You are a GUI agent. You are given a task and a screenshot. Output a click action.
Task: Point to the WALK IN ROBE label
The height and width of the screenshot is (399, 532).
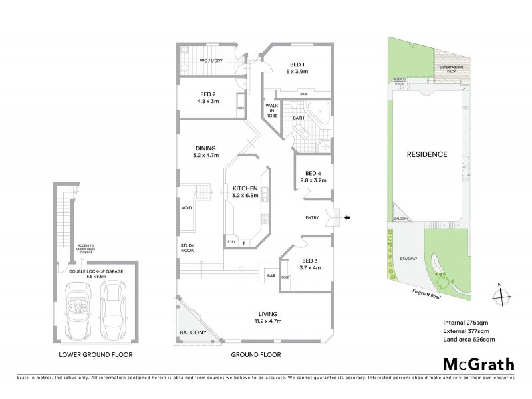pyautogui.click(x=271, y=110)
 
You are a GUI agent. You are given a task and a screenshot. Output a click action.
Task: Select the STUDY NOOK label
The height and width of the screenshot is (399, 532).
pyautogui.click(x=188, y=249)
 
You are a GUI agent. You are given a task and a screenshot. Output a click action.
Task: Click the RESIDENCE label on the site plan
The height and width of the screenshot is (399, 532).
pyautogui.click(x=426, y=154)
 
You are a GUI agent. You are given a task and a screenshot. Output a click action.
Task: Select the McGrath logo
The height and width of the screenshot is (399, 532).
pyautogui.click(x=478, y=364)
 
